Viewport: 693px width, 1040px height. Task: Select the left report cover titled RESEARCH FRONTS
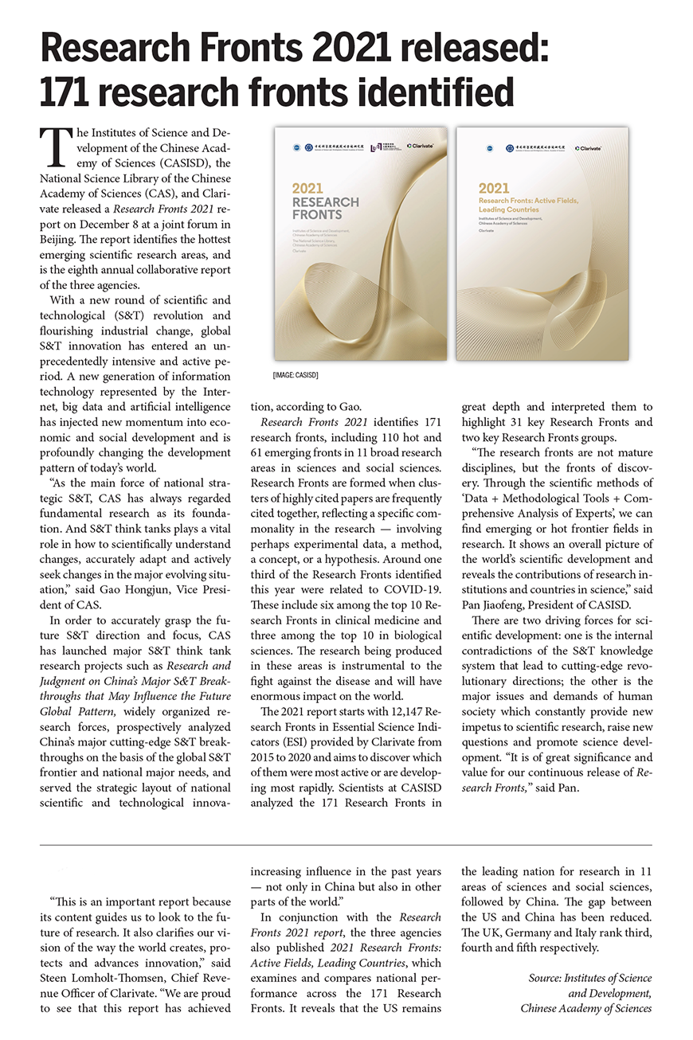point(359,244)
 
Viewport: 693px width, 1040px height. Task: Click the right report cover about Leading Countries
point(542,244)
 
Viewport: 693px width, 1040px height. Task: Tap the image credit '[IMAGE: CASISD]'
point(295,373)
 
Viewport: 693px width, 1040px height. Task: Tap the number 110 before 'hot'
point(395,438)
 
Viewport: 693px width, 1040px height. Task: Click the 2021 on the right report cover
point(494,189)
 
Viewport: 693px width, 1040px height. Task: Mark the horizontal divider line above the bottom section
point(346,844)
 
